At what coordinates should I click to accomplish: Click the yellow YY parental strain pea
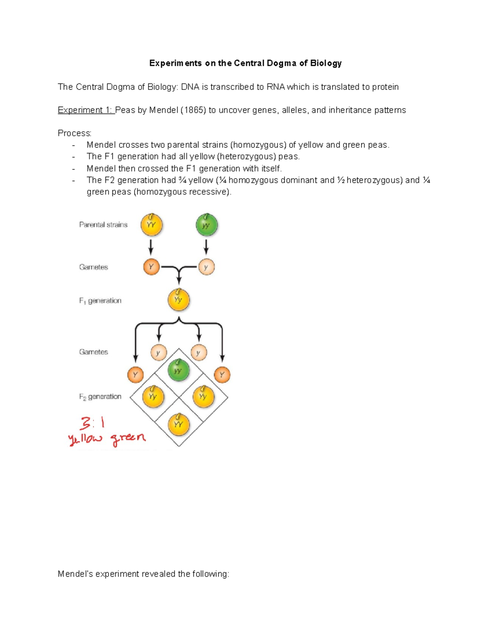[x=151, y=225]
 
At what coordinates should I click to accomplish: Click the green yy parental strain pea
[x=206, y=225]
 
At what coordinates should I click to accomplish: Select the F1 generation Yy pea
[x=178, y=300]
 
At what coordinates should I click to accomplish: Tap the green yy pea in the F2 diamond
[x=178, y=370]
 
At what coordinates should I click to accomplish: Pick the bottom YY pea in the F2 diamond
[x=178, y=425]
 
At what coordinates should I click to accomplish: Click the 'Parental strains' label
[x=103, y=225]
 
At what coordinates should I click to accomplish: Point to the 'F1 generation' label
[x=100, y=301]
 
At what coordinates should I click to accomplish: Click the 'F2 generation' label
[x=100, y=397]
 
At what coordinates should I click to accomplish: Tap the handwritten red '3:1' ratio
[x=92, y=422]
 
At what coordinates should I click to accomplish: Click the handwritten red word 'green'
[x=128, y=438]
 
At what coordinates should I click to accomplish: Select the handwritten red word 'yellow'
[x=85, y=439]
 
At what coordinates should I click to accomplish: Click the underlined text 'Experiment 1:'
[x=86, y=110]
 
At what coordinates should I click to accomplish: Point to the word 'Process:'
[x=75, y=133]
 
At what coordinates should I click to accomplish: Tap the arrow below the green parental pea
[x=206, y=247]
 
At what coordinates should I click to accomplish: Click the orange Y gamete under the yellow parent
[x=151, y=267]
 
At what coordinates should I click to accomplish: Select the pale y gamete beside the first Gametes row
[x=206, y=267]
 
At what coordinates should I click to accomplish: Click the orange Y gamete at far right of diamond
[x=222, y=374]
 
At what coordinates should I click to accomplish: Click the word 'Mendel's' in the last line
[x=75, y=574]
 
